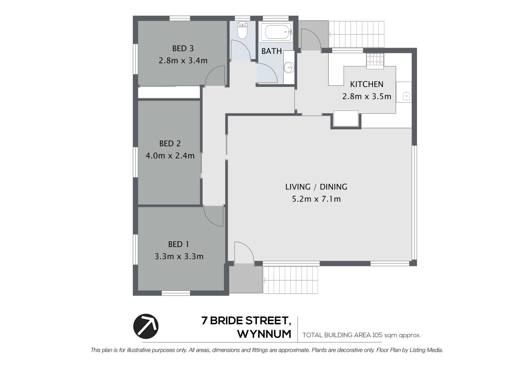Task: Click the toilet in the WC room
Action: click(x=242, y=30)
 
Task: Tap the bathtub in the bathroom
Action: click(x=276, y=32)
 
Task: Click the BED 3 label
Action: click(x=183, y=49)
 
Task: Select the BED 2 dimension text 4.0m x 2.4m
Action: click(x=170, y=156)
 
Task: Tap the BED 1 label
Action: click(x=179, y=244)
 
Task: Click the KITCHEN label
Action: click(x=367, y=84)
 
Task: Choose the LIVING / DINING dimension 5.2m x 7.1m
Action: click(x=316, y=199)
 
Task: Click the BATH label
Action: click(x=272, y=51)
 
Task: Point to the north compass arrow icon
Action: click(x=146, y=326)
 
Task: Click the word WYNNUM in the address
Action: click(x=264, y=334)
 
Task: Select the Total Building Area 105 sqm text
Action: click(x=361, y=335)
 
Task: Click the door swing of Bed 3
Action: click(x=215, y=75)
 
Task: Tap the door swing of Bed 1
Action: click(x=213, y=216)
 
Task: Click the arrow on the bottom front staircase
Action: click(x=265, y=280)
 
